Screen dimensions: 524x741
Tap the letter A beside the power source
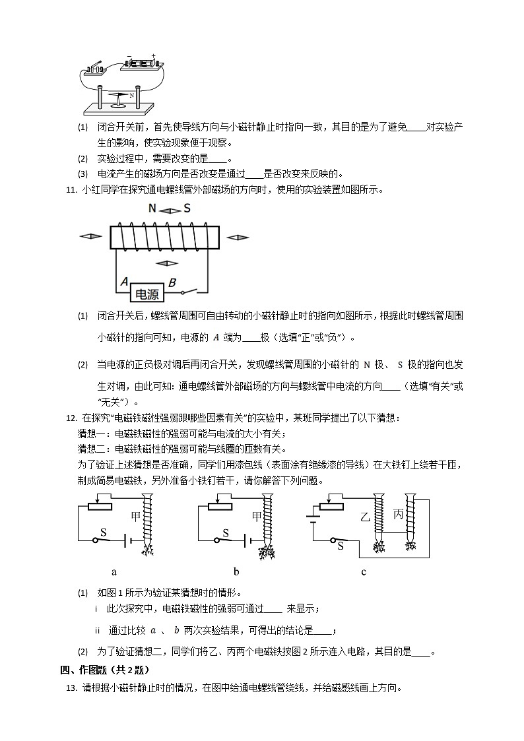tap(123, 283)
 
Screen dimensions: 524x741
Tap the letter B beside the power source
tap(172, 283)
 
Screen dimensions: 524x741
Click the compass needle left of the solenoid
tap(90, 236)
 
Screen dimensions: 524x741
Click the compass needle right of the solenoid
tap(238, 236)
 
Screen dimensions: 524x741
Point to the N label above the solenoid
tap(152, 209)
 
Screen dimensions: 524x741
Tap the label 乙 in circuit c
tap(364, 515)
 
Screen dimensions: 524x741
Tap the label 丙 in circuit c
tap(399, 513)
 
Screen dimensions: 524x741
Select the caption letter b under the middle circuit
tap(236, 571)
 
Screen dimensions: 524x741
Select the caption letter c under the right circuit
tap(364, 571)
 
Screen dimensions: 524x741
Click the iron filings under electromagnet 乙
tap(379, 546)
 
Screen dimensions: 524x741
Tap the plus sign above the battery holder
tap(154, 56)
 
